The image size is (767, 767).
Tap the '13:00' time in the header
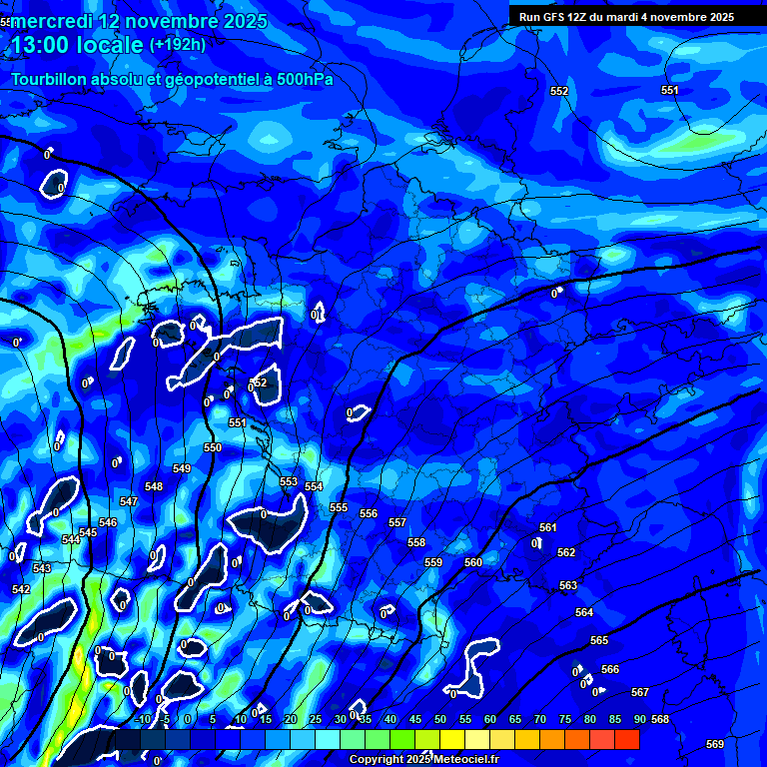tap(39, 45)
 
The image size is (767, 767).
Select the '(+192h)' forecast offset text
tap(178, 45)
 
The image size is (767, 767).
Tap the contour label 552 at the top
tap(559, 92)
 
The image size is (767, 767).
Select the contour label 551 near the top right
tap(670, 91)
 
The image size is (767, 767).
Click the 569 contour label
tap(715, 744)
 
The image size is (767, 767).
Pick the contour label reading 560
tap(473, 562)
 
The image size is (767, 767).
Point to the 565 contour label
tap(599, 640)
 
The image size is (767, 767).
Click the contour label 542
tap(20, 589)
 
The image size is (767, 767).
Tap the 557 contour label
tap(397, 522)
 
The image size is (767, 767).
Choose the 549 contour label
tap(182, 468)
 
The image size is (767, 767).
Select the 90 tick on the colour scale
tap(638, 719)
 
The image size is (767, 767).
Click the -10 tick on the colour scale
tap(143, 719)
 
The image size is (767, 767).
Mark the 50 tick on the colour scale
tap(440, 719)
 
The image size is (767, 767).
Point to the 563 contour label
tap(568, 585)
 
